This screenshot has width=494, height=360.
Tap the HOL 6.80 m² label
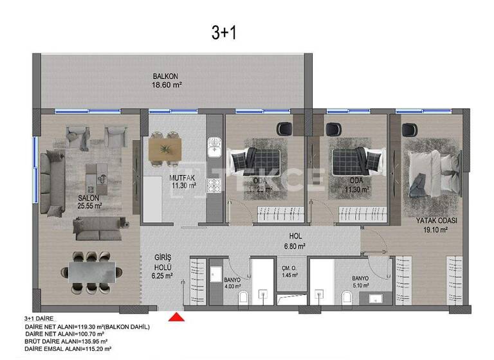(295, 240)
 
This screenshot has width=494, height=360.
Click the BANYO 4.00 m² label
(232, 283)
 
